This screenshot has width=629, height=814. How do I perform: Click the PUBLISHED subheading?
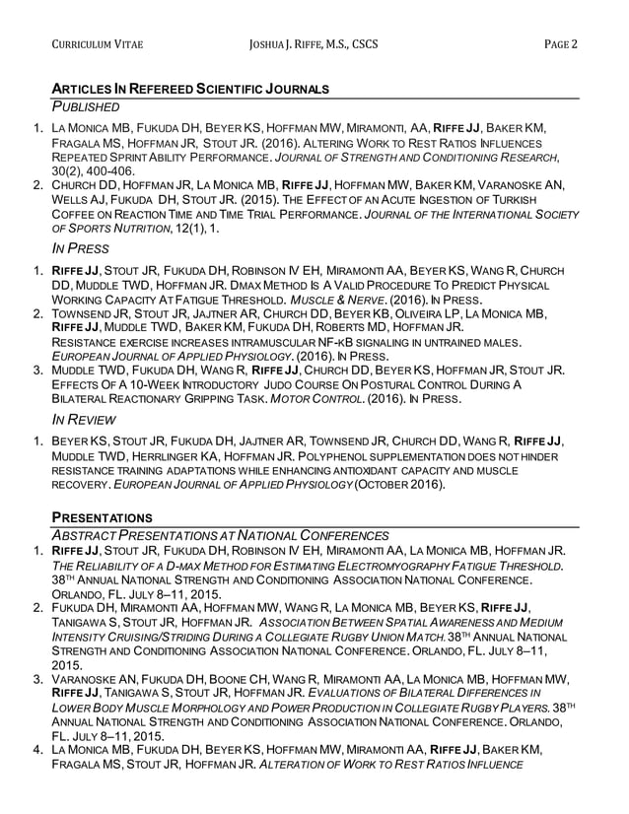[86, 106]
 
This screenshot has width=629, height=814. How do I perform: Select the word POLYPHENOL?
[306, 457]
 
